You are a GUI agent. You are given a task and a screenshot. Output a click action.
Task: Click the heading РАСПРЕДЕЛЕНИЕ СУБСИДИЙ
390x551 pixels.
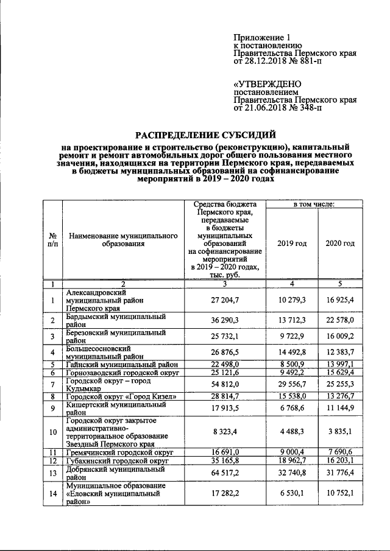point(205,135)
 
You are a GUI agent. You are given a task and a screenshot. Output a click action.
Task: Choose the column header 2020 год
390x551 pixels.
point(340,244)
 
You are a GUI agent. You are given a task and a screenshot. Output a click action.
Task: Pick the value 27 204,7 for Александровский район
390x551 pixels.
point(224,300)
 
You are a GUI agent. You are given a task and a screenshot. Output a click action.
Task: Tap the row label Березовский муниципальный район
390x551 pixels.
point(115,337)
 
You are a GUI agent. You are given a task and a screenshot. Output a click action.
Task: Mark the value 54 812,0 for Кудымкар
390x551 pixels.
point(224,384)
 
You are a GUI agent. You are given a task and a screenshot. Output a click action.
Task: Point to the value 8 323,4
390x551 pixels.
point(224,433)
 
